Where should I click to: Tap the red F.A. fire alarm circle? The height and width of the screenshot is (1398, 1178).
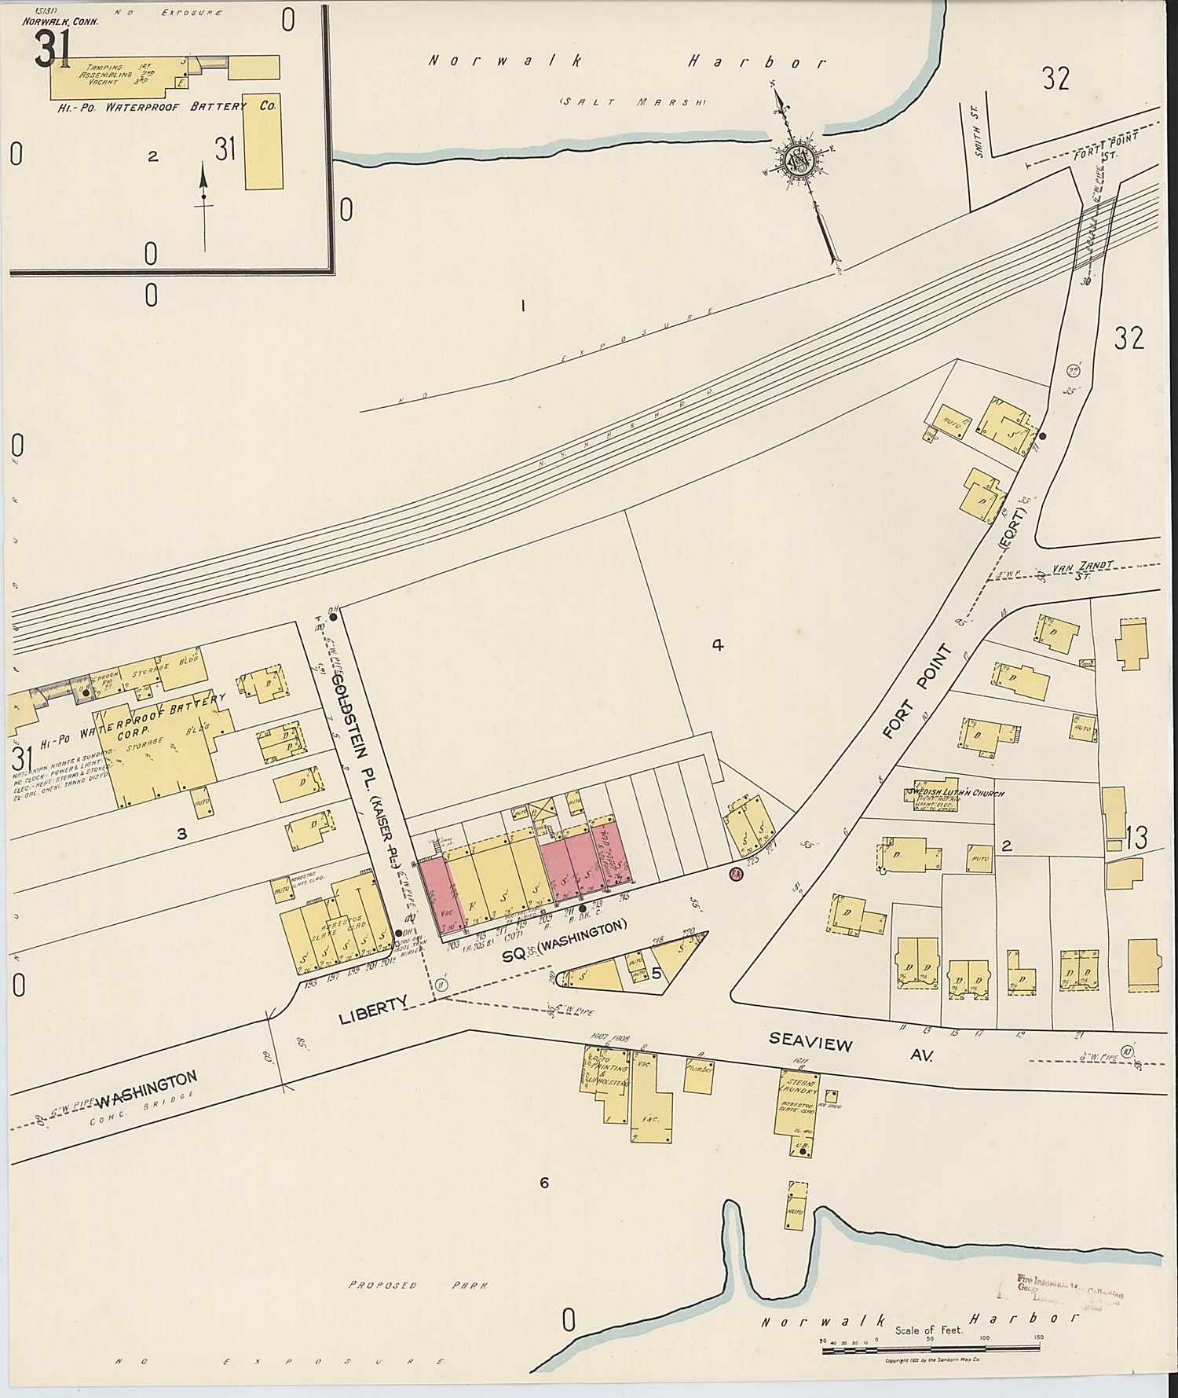coord(736,875)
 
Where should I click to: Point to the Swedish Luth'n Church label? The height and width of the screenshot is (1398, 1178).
coord(955,793)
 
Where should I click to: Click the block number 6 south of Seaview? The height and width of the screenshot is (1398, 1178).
coord(543,1182)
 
